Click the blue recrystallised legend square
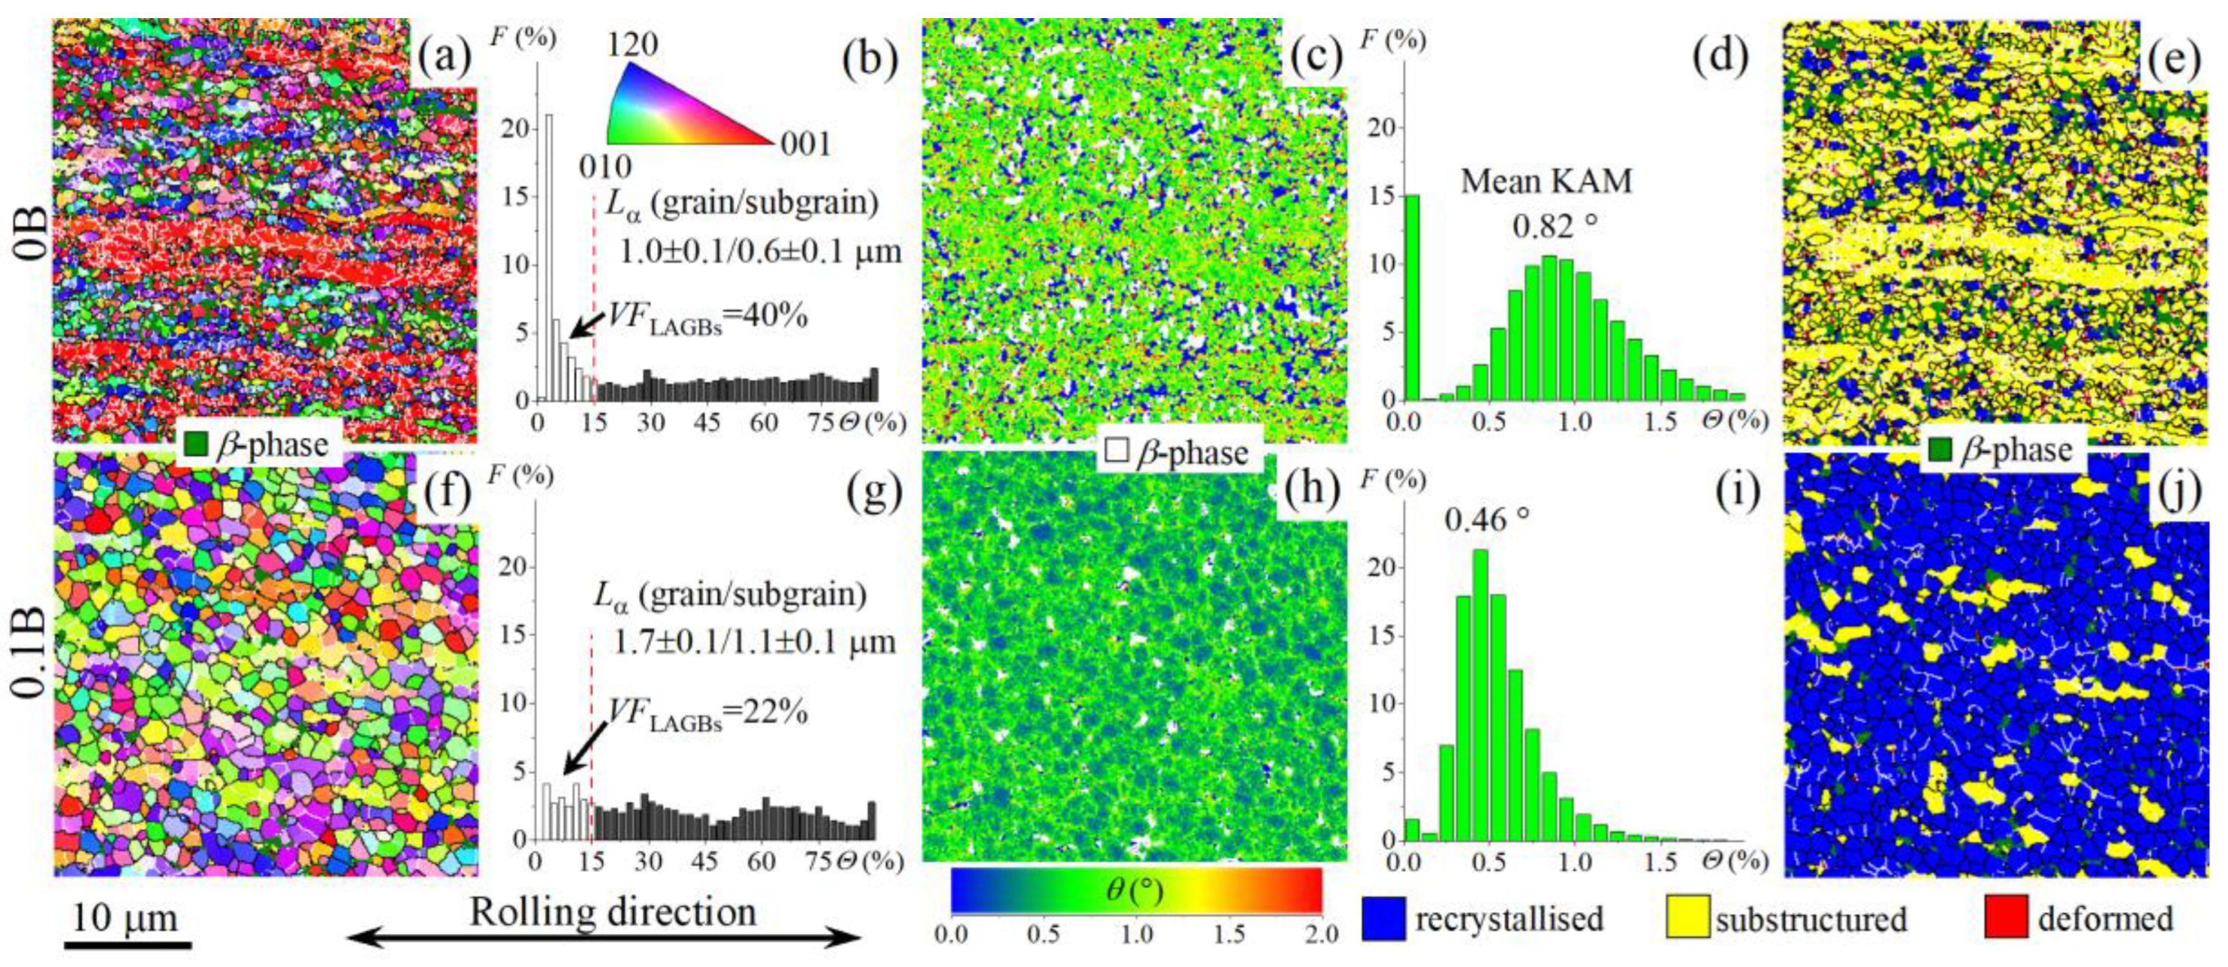(x=1384, y=917)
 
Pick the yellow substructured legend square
(x=1688, y=917)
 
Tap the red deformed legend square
(x=2006, y=917)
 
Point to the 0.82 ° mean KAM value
(x=1554, y=227)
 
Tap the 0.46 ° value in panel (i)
(x=1487, y=520)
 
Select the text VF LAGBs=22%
(x=708, y=715)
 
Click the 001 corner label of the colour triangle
(x=805, y=143)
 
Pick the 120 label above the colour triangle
(x=632, y=45)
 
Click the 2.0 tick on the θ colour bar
(x=1321, y=933)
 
